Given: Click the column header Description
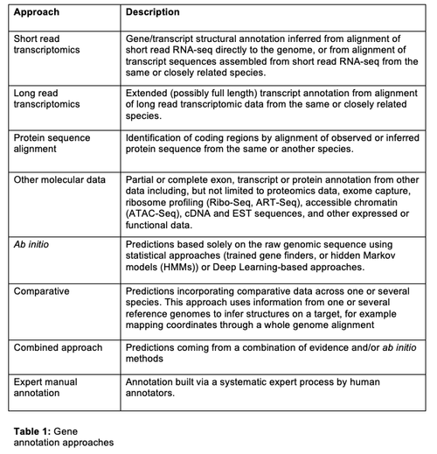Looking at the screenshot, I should (x=153, y=13).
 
